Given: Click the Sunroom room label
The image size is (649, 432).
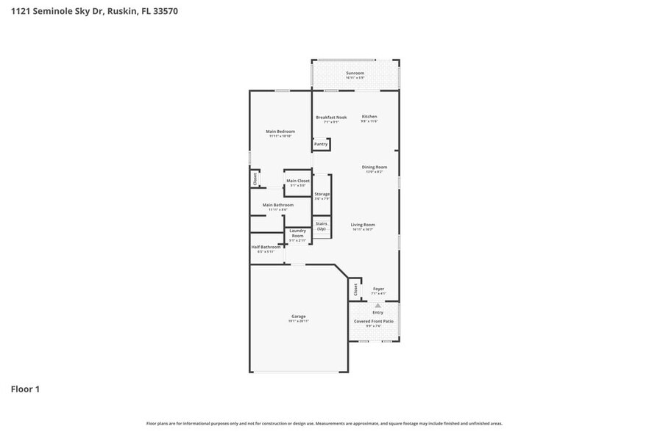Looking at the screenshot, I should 355,73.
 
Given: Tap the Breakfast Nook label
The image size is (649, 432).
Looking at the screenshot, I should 331,117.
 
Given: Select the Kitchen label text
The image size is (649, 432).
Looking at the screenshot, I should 369,117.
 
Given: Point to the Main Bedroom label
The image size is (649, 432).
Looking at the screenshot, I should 280,132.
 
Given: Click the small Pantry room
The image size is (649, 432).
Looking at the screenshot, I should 321,144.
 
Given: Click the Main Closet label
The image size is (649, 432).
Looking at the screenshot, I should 298,181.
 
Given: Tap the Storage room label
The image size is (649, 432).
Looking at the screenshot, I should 322,195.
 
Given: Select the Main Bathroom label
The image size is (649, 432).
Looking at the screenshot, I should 278,205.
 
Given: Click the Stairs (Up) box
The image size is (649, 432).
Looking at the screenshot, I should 322,226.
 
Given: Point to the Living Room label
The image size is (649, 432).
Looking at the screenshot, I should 362,225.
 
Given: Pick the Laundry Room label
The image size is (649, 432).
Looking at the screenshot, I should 297,233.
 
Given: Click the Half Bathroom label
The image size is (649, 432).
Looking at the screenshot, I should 266,247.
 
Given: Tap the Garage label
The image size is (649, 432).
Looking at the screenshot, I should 298,317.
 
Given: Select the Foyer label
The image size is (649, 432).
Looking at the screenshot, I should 378,289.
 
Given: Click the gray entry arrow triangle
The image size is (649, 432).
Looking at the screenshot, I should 378,305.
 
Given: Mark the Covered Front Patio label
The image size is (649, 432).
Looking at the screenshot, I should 374,321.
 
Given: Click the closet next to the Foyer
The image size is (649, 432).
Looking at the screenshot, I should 355,289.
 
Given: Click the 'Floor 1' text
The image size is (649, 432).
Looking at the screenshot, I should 24,389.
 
